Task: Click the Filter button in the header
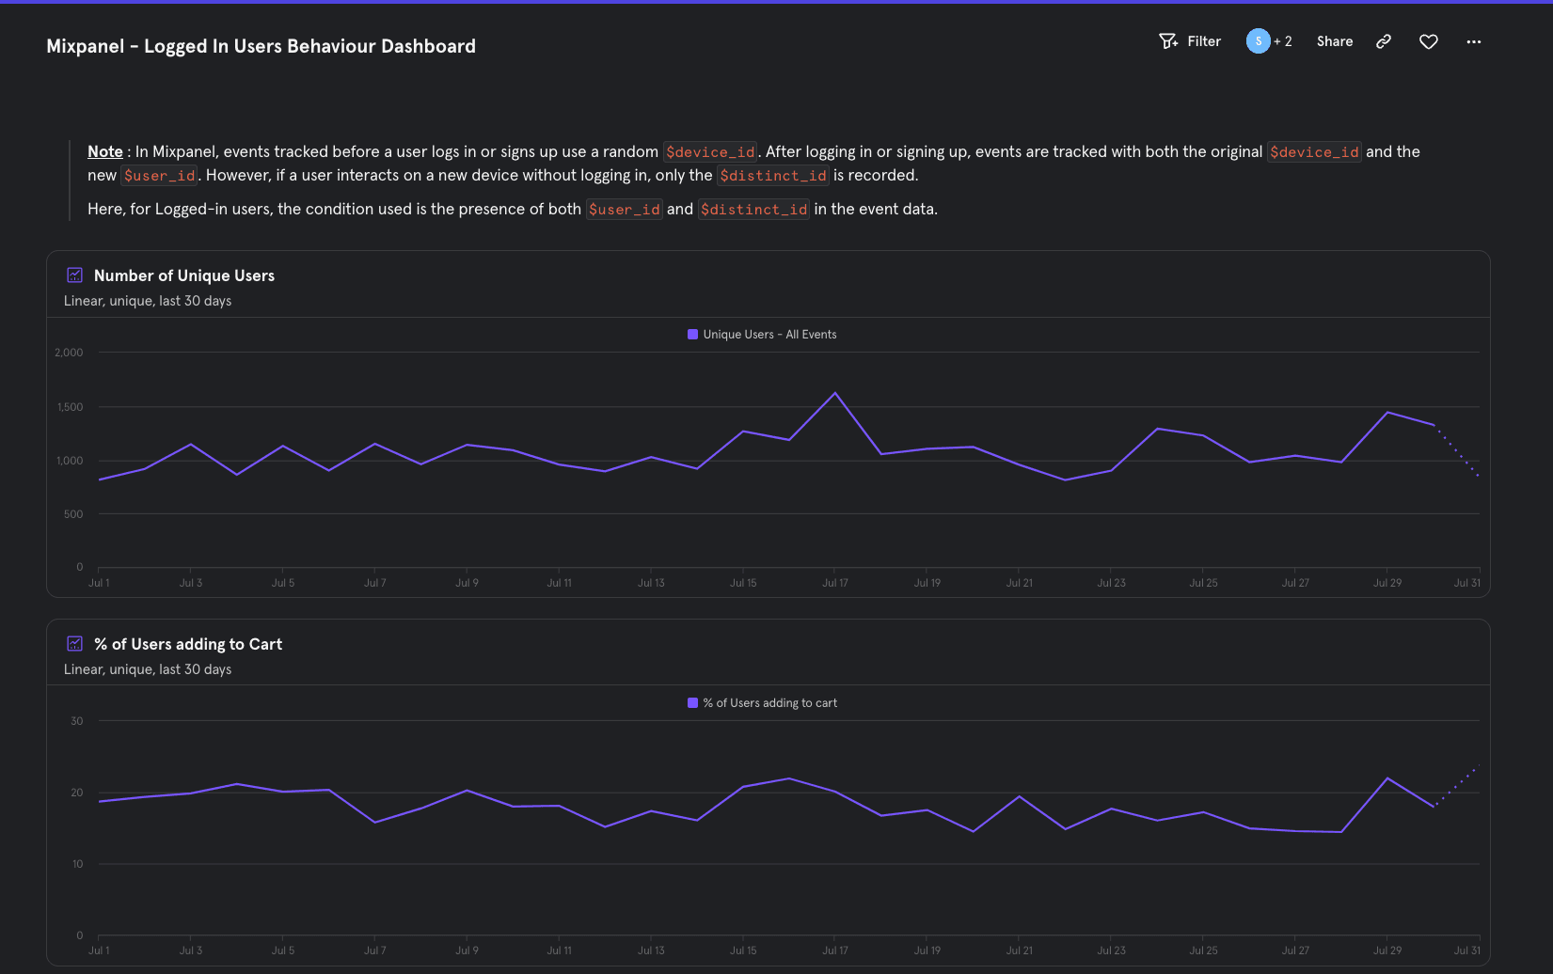coord(1190,41)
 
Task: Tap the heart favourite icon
coord(1428,41)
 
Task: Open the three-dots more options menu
coord(1473,41)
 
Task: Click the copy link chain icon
coord(1383,41)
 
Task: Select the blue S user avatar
coord(1258,41)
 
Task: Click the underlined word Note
coord(104,151)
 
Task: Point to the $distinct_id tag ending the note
coord(753,209)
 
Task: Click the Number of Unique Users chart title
coord(183,275)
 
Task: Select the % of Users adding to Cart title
coord(187,644)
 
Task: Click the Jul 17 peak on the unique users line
coord(835,393)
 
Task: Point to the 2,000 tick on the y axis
coord(69,353)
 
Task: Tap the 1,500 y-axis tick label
coord(70,407)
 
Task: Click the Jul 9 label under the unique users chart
coord(467,583)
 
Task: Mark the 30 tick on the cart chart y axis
coord(76,721)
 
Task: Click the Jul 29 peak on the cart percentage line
coord(1387,778)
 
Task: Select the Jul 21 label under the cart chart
coord(1019,950)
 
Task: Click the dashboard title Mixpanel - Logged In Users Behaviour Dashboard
coord(261,46)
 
